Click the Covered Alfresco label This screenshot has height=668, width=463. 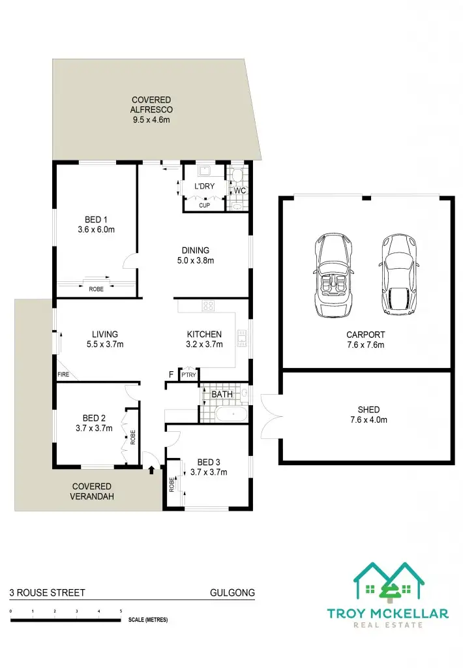point(152,110)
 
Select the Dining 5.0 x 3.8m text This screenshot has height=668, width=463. point(196,255)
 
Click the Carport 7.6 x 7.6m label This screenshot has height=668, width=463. point(365,340)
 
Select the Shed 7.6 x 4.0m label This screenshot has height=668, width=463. point(365,415)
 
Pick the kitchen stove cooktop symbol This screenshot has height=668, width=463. point(209,305)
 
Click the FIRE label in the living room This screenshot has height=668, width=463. point(63,375)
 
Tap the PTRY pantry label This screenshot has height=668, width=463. point(189,375)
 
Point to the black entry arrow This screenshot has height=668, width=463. point(152,468)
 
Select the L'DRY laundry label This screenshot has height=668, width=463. point(204,187)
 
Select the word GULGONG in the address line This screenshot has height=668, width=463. point(231,593)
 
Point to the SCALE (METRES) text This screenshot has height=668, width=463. point(148,620)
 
